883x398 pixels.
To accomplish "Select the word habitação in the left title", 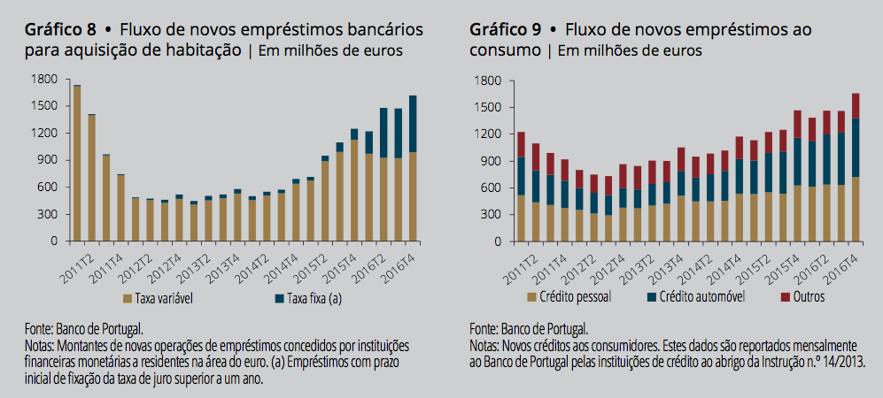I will (x=204, y=50).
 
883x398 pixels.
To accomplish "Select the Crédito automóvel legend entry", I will (x=691, y=297).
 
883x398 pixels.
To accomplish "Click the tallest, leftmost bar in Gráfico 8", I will (x=77, y=164).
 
